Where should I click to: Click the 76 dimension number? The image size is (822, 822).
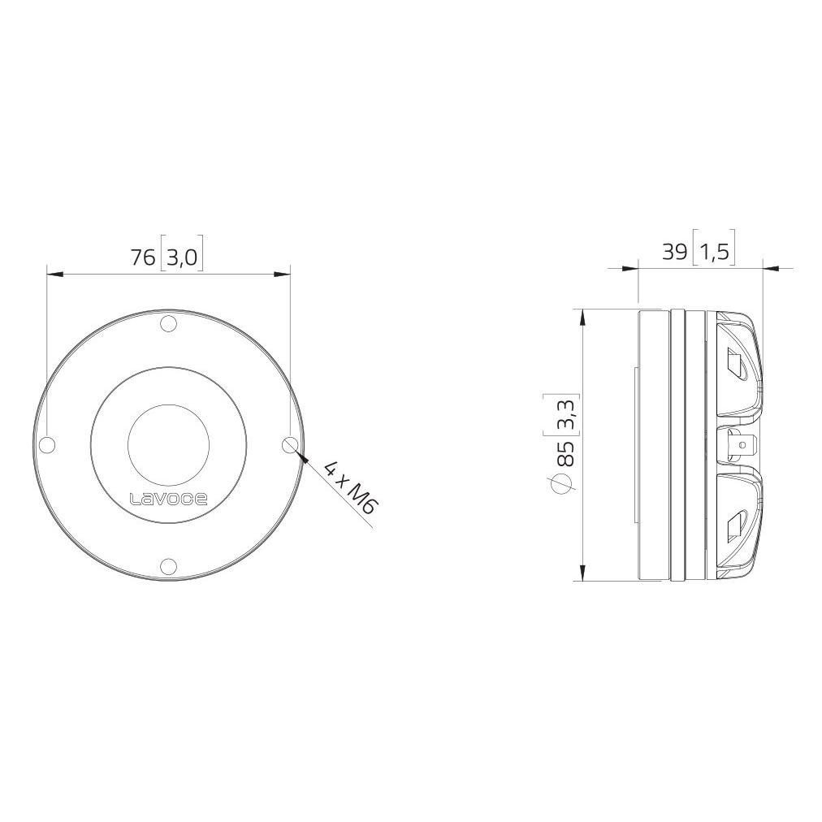click(x=143, y=257)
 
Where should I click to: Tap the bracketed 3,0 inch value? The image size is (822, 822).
click(x=182, y=258)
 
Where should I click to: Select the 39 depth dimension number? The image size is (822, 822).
click(x=675, y=252)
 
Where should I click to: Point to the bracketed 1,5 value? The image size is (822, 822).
click(x=714, y=252)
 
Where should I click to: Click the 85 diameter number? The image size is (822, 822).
click(x=566, y=454)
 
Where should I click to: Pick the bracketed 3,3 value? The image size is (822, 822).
click(x=567, y=413)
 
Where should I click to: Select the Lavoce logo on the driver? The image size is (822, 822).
click(x=169, y=498)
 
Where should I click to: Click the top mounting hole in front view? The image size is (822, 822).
click(x=168, y=325)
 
